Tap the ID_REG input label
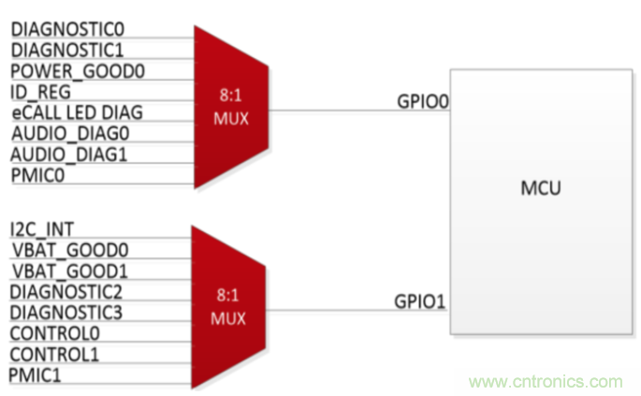point(41,92)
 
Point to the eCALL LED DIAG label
point(77,112)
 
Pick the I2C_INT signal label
point(43,228)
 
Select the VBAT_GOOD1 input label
point(70,270)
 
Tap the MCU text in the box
point(540,191)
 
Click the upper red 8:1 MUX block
point(230,107)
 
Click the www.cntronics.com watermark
point(546,382)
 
